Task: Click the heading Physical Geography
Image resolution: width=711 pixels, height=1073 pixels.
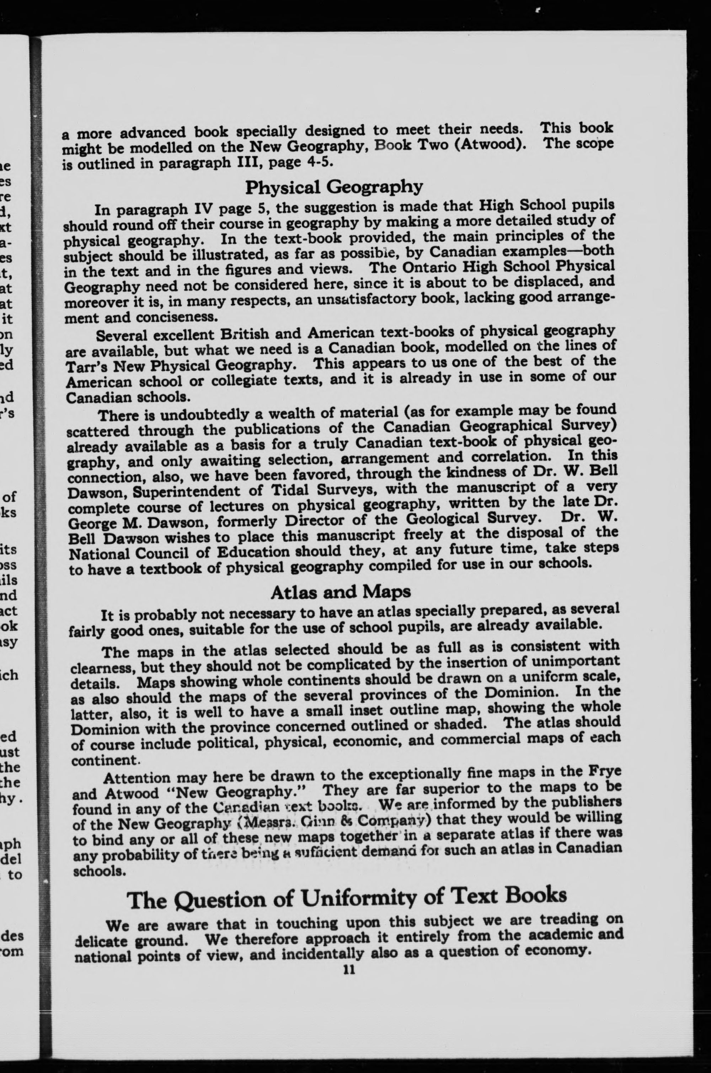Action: [334, 187]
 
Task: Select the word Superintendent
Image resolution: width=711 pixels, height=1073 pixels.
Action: [184, 491]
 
